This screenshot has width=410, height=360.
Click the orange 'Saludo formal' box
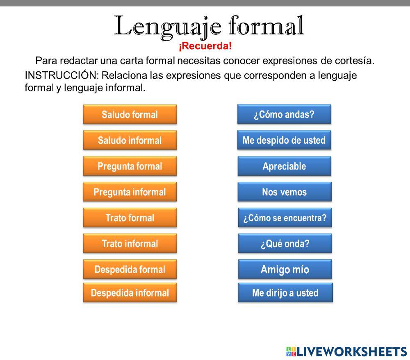[130, 115]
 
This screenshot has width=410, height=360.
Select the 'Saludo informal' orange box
[130, 140]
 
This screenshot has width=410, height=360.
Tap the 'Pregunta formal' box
[130, 166]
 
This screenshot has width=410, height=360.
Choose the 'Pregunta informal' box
[130, 192]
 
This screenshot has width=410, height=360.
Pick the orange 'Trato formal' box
[130, 217]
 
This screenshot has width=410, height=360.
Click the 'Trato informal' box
[130, 243]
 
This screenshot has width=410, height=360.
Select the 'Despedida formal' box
[130, 269]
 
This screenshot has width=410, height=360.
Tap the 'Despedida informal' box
[130, 293]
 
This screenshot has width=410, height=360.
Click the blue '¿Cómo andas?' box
[284, 114]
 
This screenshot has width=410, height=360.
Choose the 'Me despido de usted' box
[284, 140]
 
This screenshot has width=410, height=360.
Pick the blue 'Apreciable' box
[284, 166]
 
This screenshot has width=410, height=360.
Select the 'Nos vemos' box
[284, 192]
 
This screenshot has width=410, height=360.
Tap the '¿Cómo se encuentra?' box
[285, 217]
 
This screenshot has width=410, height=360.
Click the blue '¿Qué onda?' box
[284, 243]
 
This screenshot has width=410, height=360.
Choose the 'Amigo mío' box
[285, 269]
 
